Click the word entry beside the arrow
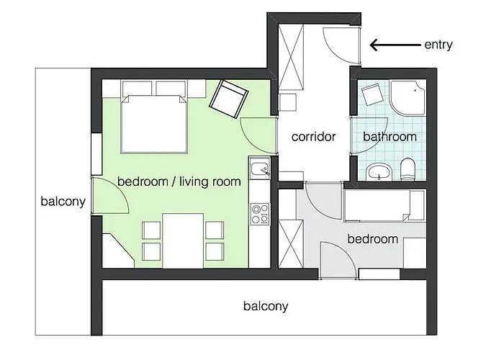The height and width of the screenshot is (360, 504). click(x=438, y=45)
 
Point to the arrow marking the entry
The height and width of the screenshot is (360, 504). click(x=395, y=45)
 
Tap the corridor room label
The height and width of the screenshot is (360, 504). click(x=313, y=137)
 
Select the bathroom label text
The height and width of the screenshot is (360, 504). click(x=390, y=137)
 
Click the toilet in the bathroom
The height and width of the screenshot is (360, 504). click(x=408, y=168)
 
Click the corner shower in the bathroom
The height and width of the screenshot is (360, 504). click(x=408, y=98)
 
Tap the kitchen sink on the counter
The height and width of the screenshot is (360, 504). click(x=260, y=168)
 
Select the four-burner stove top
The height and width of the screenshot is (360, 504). click(x=260, y=214)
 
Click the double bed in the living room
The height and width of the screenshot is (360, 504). click(x=154, y=124)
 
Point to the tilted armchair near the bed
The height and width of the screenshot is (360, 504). click(x=228, y=99)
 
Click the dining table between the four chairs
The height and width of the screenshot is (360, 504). click(x=183, y=240)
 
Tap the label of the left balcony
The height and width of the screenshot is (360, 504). click(x=63, y=202)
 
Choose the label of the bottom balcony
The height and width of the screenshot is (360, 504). click(x=266, y=306)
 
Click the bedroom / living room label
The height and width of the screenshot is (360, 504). click(x=179, y=181)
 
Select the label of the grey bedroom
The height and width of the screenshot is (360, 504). click(x=372, y=239)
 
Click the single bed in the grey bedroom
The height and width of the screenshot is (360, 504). click(x=384, y=206)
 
